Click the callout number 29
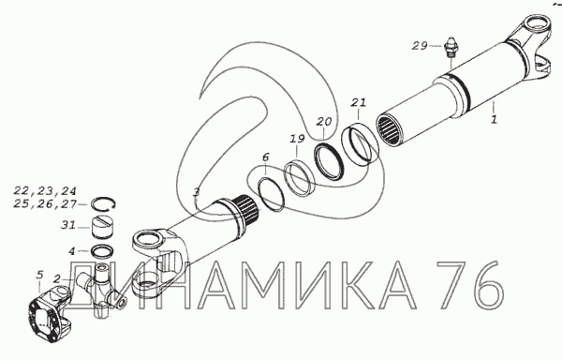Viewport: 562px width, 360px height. [x=420, y=46]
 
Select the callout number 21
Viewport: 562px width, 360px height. [x=359, y=102]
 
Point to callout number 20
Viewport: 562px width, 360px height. [x=324, y=122]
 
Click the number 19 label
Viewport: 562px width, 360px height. [x=297, y=139]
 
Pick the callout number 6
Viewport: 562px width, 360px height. [x=265, y=157]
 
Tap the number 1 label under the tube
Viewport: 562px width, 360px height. [x=495, y=118]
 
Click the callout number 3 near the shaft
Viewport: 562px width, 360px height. [x=196, y=192]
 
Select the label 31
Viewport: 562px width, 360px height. [x=68, y=225]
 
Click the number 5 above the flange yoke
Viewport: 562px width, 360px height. [x=39, y=275]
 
